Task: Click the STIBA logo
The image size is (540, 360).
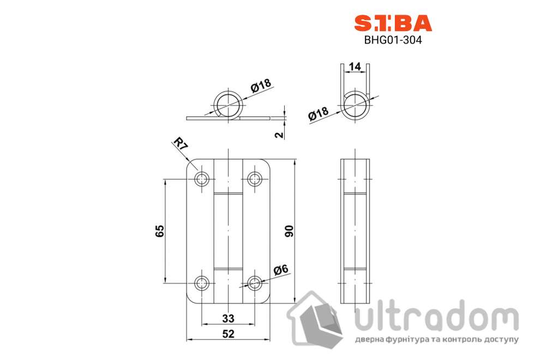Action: pos(393,22)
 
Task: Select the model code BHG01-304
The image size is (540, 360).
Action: pos(393,40)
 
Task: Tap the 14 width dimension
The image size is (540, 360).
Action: pos(355,67)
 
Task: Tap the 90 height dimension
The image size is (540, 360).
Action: pos(290,231)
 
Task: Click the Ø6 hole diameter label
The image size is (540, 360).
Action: pos(280,269)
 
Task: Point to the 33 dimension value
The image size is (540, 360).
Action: pos(228,317)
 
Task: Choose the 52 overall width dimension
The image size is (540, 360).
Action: pos(228,334)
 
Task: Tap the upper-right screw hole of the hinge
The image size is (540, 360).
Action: pos(254,179)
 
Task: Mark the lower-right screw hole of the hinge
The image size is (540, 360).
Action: pos(254,283)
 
